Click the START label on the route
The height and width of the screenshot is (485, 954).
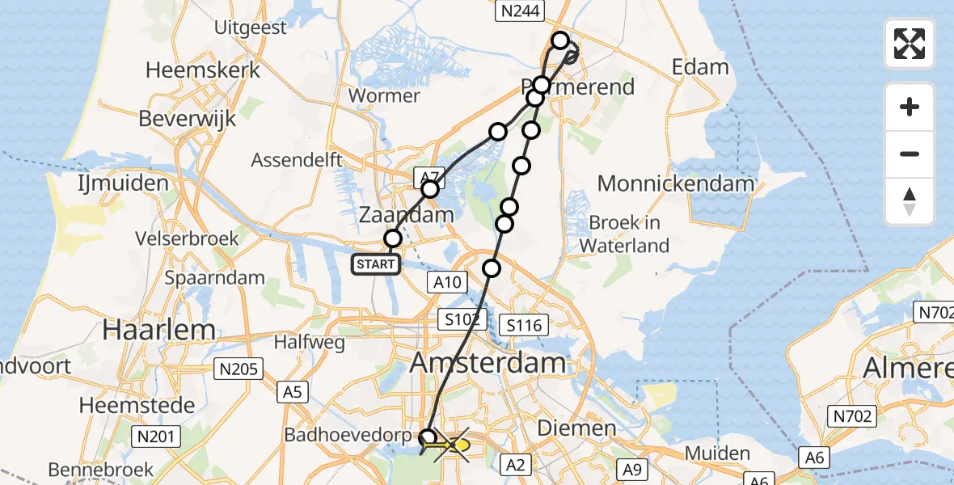point(376,264)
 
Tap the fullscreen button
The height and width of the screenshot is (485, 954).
point(910,44)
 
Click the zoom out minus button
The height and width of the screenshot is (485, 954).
point(910,154)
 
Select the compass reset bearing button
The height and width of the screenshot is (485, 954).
point(910,201)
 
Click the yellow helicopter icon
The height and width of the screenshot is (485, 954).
point(454,445)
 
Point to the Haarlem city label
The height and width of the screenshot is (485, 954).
point(158,330)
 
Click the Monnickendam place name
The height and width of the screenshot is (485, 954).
point(675,183)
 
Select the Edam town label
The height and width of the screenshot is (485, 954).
point(701,67)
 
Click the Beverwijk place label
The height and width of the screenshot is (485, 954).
point(188,118)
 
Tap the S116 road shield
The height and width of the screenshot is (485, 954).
point(522,326)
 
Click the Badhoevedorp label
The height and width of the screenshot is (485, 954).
point(348,434)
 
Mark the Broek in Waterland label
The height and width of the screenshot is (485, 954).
point(629,234)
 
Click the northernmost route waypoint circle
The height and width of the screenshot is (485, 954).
point(559,40)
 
